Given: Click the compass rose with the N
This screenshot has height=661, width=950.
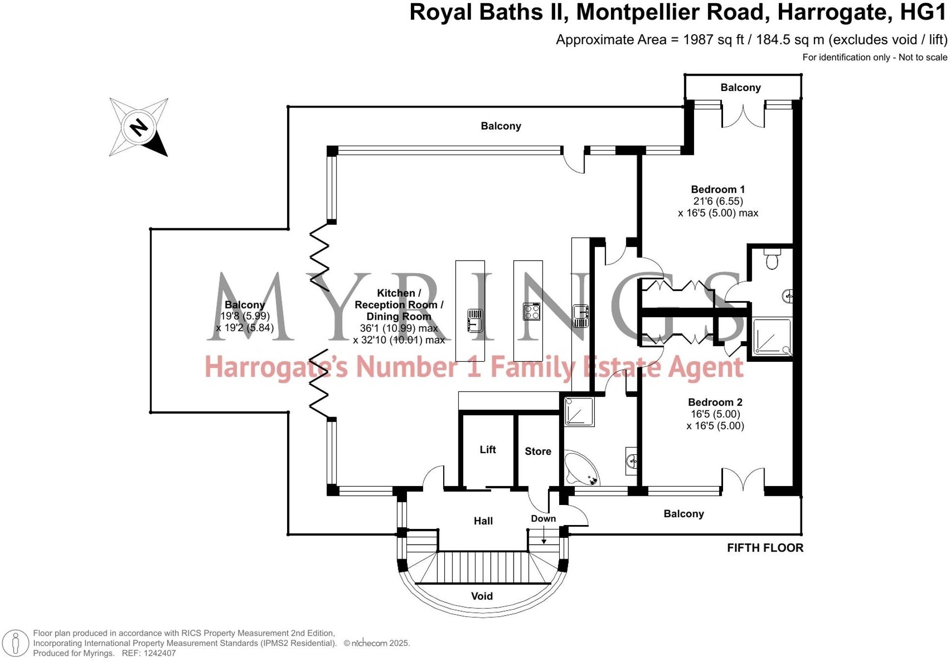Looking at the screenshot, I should pos(139,128).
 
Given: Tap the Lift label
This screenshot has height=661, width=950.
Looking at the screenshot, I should pos(487,449).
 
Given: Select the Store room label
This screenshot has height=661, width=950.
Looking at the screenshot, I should pos(538,451).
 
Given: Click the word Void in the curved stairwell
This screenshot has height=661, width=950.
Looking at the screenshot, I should pos(481,596).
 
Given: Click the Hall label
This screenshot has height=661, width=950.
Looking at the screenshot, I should pos(483,521).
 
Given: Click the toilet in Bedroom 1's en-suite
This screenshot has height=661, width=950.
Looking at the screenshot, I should pos(772,260).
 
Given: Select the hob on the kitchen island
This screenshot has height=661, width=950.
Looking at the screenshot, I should pos(531,311).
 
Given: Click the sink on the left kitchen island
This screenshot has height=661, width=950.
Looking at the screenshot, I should pos(475,321).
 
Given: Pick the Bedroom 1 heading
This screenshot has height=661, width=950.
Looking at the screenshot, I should pos(717,189).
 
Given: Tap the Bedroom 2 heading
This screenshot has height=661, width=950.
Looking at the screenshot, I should pos(715,402).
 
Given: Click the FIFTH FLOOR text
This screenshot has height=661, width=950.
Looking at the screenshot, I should pos(765,548).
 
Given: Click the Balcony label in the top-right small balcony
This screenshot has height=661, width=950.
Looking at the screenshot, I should pos(740,88).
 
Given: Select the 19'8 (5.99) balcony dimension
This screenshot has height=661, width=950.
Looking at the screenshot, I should pos(245,316).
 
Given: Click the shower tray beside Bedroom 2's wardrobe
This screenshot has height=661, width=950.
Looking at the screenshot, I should pos(771,336).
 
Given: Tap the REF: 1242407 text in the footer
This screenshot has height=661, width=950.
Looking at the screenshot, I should pos(148,653).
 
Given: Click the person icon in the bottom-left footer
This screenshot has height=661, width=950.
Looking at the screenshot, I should pos(16,642).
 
